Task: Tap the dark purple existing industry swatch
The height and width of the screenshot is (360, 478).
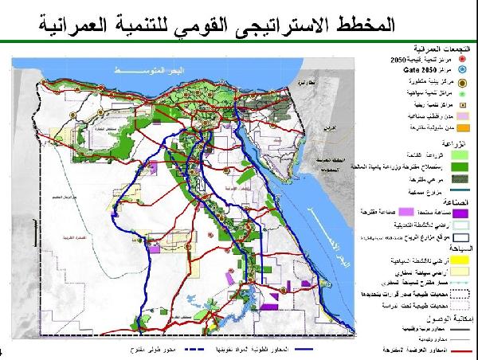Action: tap(463, 212)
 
